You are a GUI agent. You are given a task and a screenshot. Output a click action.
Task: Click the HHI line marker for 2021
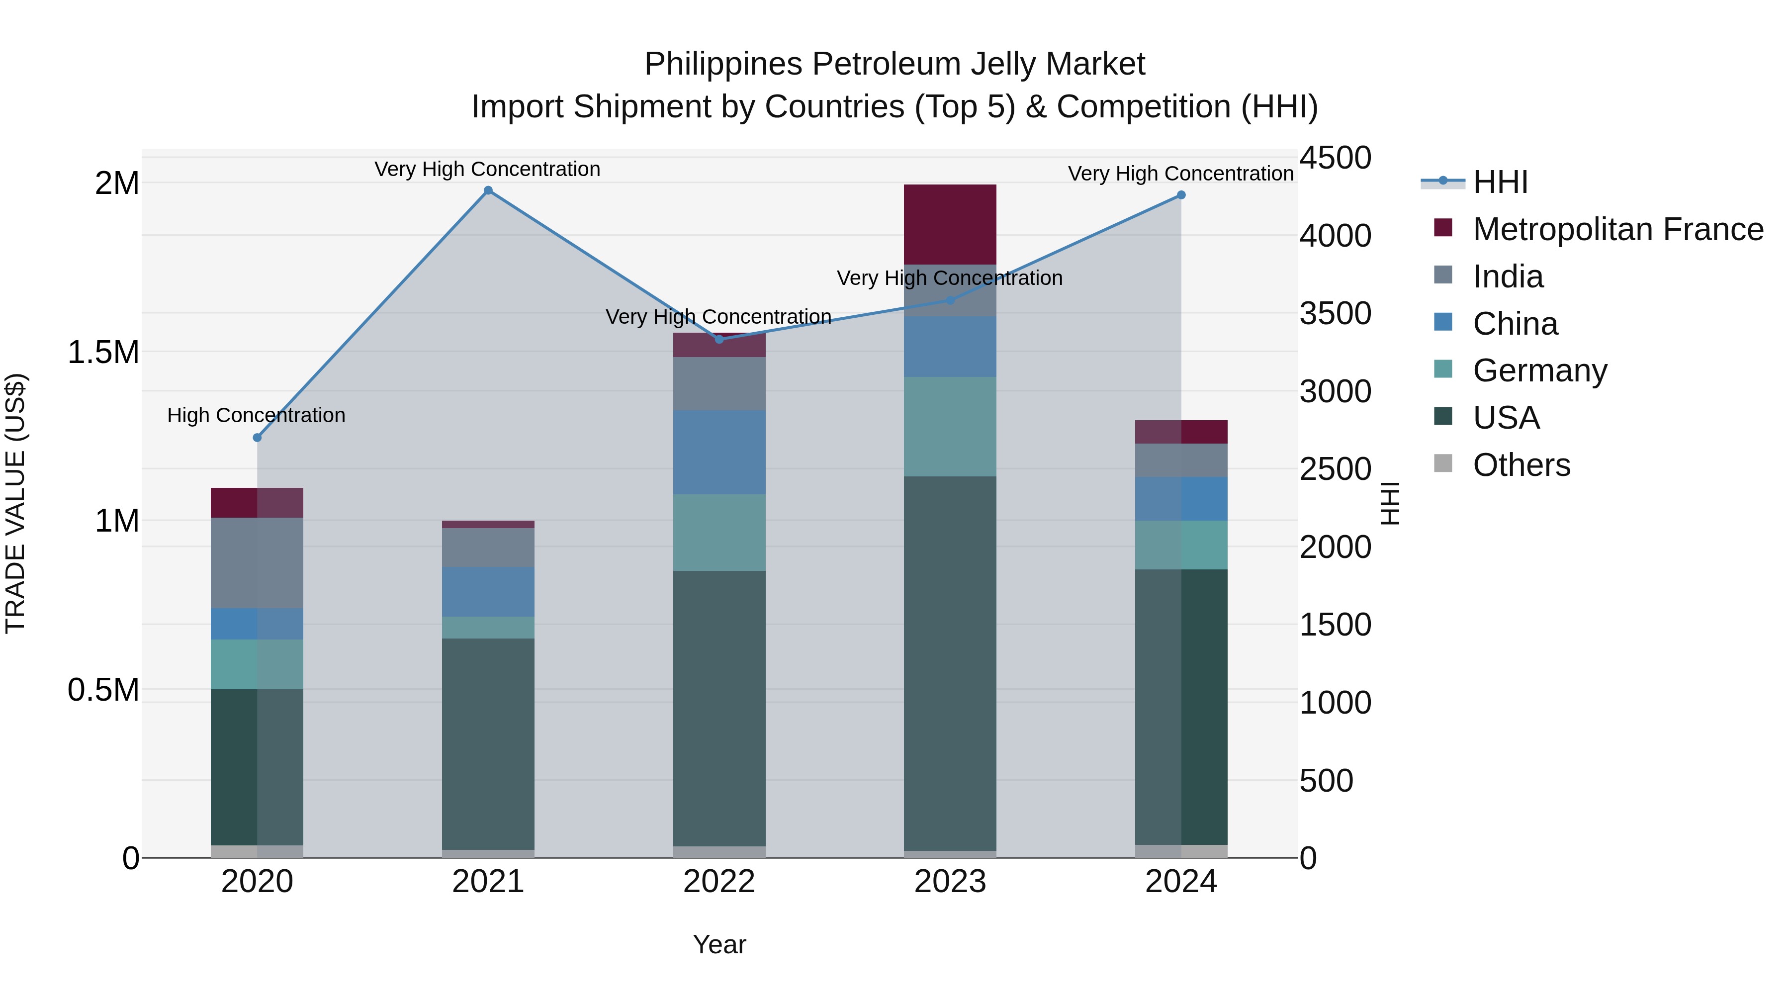pos(488,190)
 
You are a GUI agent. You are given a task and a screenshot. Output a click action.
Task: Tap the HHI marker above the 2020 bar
pos(257,438)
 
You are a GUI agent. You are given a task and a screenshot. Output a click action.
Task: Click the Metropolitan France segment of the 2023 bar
pos(950,224)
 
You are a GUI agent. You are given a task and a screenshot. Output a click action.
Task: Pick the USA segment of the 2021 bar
pos(488,743)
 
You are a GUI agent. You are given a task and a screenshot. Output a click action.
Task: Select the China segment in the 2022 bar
pos(719,453)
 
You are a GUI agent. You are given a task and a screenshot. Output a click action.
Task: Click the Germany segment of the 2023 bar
pos(950,427)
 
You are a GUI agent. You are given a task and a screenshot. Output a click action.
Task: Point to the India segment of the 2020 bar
pos(257,563)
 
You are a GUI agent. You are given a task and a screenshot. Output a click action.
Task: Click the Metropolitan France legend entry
pos(1617,229)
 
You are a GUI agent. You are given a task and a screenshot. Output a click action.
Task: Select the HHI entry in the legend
pos(1500,182)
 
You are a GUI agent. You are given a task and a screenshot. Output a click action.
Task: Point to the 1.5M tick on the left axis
pos(103,353)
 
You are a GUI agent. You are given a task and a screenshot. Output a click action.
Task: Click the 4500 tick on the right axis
pos(1335,158)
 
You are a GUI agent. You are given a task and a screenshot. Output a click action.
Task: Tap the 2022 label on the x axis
pos(719,882)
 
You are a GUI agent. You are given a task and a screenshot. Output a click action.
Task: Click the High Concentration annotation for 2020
pos(257,416)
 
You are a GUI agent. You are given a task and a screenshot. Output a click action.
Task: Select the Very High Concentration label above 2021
pos(487,170)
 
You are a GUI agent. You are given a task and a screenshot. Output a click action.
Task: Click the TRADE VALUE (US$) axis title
pos(15,503)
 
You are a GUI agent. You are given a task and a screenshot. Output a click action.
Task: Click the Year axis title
pos(719,944)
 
